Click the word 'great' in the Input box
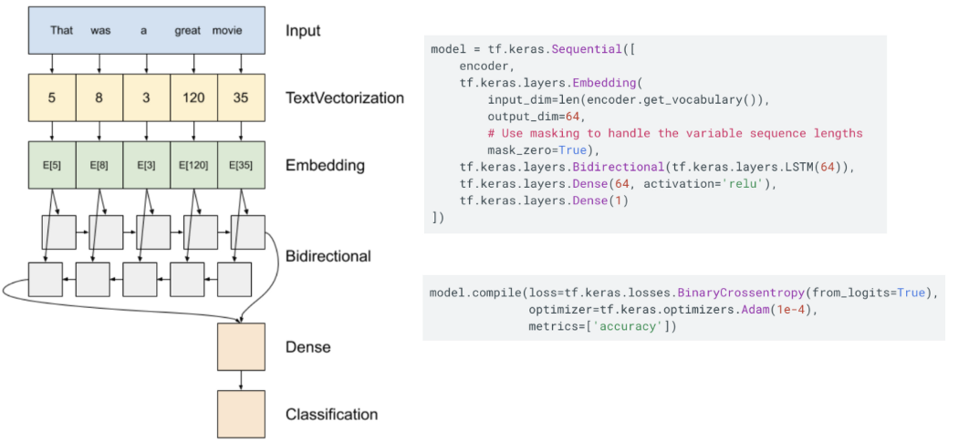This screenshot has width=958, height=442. [187, 30]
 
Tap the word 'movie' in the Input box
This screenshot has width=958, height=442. [227, 30]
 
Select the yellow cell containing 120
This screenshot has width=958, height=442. [194, 98]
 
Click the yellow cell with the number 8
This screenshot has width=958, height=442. [99, 98]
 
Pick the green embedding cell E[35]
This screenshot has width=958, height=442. [241, 165]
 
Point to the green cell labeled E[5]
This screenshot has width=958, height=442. [52, 165]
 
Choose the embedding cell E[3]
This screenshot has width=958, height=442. [147, 165]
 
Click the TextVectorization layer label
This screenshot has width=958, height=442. [345, 98]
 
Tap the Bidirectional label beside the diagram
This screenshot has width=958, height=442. [328, 256]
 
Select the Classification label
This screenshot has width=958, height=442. [331, 415]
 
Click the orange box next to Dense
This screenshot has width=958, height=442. [241, 346]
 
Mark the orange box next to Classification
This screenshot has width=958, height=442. [241, 414]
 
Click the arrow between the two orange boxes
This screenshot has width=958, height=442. [241, 380]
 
